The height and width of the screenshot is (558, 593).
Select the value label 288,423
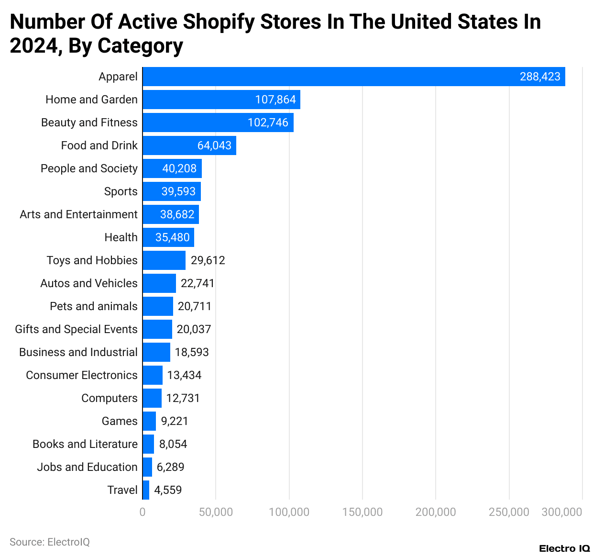click(540, 77)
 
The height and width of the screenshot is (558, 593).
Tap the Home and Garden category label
click(91, 100)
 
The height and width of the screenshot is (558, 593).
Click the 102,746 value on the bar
click(268, 123)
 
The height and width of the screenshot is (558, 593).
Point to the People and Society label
click(89, 168)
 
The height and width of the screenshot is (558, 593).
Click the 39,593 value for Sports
click(178, 191)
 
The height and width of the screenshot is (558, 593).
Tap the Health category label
click(121, 237)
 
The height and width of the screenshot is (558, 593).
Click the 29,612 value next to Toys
click(208, 260)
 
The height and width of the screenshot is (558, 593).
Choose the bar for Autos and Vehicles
click(159, 283)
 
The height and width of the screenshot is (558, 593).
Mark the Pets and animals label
click(94, 306)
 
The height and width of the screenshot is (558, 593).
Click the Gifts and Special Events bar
click(157, 329)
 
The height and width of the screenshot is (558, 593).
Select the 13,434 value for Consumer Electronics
click(184, 375)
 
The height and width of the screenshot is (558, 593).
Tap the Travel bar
click(146, 490)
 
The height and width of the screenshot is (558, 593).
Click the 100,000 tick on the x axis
click(289, 512)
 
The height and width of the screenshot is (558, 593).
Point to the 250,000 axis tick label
click(509, 512)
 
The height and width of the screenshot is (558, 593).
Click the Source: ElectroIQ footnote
click(50, 542)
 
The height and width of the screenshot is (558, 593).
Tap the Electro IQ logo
click(564, 548)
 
